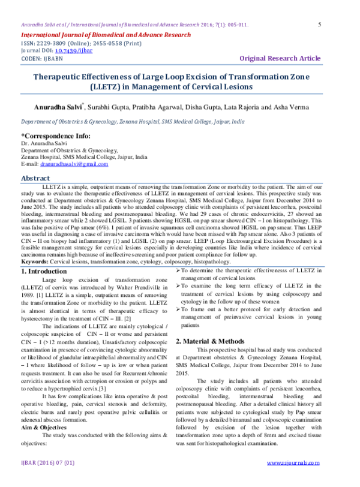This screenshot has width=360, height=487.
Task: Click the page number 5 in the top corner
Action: pyautogui.click(x=319, y=25)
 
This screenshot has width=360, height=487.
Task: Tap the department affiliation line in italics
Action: pyautogui.click(x=133, y=121)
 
